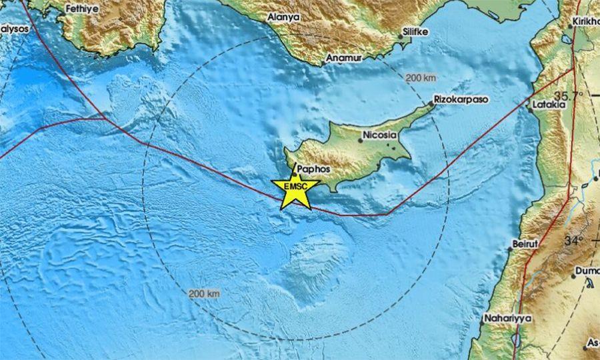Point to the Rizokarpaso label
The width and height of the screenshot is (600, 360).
461,99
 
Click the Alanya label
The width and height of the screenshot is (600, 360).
283,17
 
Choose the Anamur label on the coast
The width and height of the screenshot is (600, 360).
343,59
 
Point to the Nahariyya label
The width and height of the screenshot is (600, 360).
509,319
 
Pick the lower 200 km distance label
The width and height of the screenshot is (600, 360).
204,293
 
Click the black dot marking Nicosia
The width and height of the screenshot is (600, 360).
360,140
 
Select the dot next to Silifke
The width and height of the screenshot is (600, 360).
401,36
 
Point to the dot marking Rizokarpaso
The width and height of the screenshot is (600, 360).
431,104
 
